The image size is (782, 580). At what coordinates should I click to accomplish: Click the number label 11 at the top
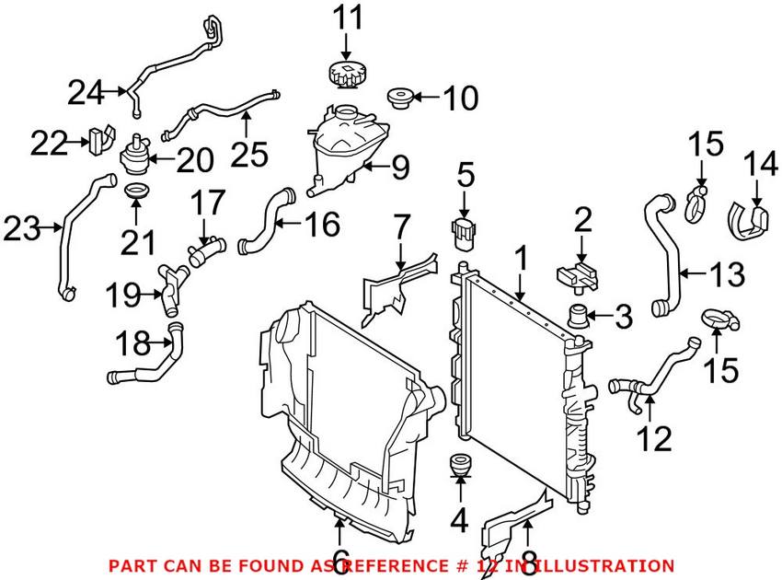pos(347,17)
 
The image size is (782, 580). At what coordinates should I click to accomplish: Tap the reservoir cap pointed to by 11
pos(347,75)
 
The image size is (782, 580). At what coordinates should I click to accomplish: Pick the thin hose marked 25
pos(221,113)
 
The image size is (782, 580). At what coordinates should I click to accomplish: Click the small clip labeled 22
pos(99,138)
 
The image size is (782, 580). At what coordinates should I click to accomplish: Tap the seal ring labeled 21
pos(136,191)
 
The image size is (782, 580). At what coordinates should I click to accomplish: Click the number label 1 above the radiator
pos(521,261)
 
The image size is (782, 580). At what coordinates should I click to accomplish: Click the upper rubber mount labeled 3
pos(581,318)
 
